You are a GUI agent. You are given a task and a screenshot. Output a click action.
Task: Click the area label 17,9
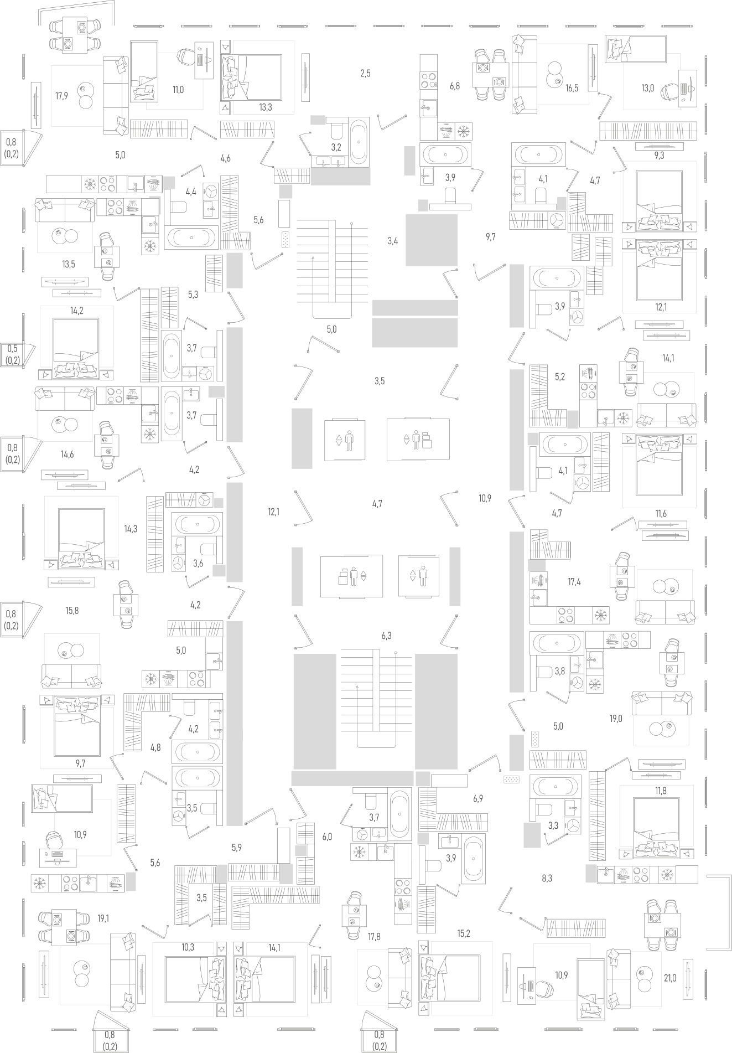pos(61,96)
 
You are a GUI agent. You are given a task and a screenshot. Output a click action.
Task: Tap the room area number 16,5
pos(572,87)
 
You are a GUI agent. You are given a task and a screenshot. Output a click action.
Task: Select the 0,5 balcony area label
pos(12,348)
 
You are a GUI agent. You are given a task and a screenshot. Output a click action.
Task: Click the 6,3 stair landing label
pos(386,636)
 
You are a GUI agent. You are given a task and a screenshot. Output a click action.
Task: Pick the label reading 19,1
pos(103,918)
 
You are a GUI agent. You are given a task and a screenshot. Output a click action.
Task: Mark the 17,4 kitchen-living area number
pos(574,582)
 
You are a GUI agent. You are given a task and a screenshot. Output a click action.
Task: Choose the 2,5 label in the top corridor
pos(365,73)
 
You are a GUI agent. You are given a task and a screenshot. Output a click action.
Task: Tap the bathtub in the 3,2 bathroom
pos(359,141)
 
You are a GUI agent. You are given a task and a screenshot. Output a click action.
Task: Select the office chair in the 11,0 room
pos(186,55)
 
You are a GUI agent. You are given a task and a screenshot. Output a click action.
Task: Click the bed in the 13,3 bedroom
pos(252,78)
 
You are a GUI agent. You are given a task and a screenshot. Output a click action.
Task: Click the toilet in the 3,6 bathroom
pos(210,550)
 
